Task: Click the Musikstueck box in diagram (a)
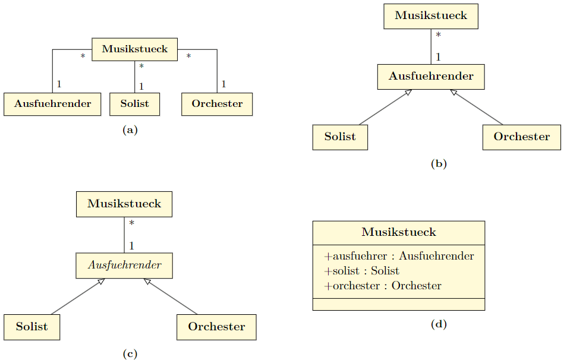coord(134,49)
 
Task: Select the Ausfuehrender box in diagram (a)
coord(52,104)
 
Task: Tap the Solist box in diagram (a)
coord(134,104)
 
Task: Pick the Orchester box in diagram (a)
coord(217,104)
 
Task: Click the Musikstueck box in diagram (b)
coord(431,16)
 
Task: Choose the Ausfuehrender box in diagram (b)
coord(431,77)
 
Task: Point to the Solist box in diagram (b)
coord(340,137)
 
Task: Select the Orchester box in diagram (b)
coord(521,137)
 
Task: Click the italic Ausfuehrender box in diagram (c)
coord(124,266)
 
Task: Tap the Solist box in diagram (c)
coord(32,327)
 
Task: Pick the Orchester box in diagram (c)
coord(216,327)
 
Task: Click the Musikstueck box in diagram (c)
coord(124,204)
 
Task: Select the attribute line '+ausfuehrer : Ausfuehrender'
coord(399,257)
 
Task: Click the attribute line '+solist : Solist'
coord(361,271)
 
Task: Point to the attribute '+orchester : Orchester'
coord(383,286)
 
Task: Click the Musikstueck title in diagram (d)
coord(398,232)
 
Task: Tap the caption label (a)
coord(130,130)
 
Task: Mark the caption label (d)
coord(438,324)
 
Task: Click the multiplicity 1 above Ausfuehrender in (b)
coord(438,57)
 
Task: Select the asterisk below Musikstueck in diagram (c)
coord(131,223)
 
